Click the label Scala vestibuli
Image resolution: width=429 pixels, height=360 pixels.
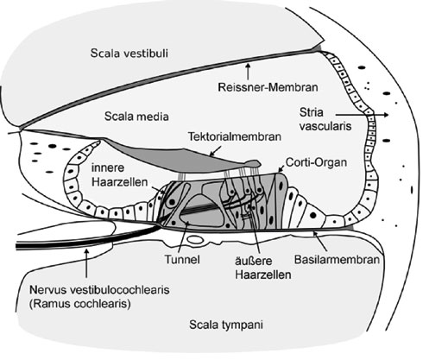[129, 54]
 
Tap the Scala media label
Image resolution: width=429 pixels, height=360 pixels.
[136, 117]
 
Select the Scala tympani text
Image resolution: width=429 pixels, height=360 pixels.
[226, 325]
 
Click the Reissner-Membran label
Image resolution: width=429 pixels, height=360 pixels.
[268, 87]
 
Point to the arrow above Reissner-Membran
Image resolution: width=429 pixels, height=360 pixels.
[248, 72]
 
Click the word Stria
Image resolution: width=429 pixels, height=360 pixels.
[311, 112]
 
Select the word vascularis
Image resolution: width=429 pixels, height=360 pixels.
[325, 126]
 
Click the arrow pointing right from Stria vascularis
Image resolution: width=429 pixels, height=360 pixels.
[362, 115]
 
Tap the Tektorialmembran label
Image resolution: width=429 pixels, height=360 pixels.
[235, 136]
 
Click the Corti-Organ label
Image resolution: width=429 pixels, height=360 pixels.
[316, 162]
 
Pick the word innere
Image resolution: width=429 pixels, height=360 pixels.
[108, 167]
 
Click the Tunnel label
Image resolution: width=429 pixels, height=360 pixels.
[182, 260]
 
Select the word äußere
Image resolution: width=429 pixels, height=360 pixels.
[254, 261]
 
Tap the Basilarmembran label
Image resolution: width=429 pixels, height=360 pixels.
[337, 260]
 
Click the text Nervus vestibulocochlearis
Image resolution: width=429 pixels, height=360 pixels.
[99, 289]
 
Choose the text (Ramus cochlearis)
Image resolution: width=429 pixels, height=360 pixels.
[80, 304]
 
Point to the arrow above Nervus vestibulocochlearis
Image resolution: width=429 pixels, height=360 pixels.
[86, 263]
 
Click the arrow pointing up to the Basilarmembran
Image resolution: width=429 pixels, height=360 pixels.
[320, 242]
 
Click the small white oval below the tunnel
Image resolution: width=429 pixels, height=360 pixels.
[195, 239]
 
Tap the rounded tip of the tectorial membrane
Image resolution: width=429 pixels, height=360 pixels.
[257, 163]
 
